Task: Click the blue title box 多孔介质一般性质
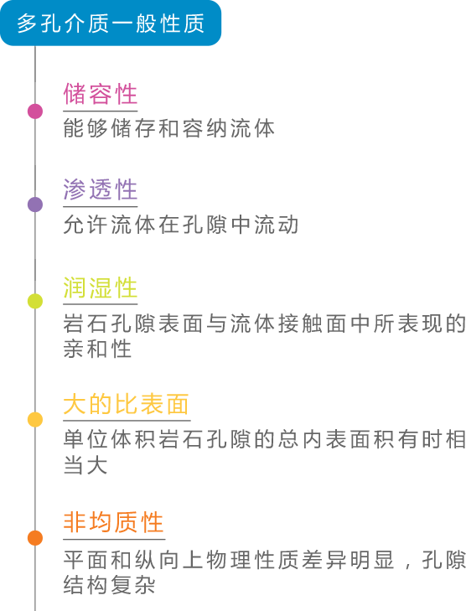(x=111, y=23)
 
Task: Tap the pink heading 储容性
(x=101, y=94)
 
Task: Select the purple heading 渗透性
(x=101, y=189)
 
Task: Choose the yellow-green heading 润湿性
(x=101, y=287)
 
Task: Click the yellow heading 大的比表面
(x=127, y=404)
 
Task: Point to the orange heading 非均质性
(x=113, y=522)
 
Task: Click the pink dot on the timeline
(x=35, y=111)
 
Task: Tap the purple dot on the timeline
(x=35, y=205)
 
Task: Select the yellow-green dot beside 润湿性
(x=35, y=301)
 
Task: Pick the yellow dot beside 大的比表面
(x=35, y=420)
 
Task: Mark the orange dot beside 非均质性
(x=35, y=538)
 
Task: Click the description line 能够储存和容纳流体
(x=169, y=128)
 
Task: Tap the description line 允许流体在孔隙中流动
(x=181, y=225)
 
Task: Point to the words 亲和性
(x=97, y=349)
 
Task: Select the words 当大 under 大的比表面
(x=85, y=465)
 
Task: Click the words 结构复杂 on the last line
(x=110, y=584)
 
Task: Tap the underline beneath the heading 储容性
(x=101, y=111)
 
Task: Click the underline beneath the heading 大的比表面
(x=127, y=421)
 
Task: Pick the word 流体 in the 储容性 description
(x=252, y=128)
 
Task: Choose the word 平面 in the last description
(x=85, y=560)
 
